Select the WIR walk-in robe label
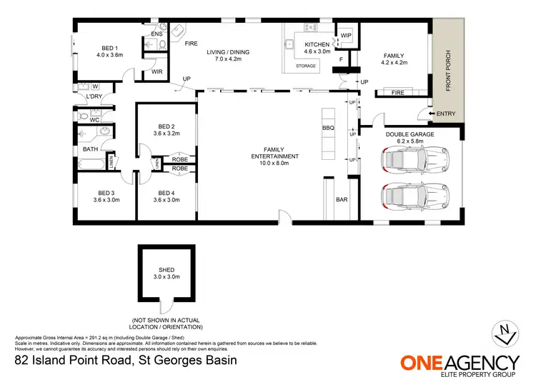coord(157,72)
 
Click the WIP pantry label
coord(346,35)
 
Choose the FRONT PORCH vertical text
coord(448,71)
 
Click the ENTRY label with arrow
coord(444,114)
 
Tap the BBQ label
coord(328,129)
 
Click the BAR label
coord(342,199)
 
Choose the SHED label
coord(167,270)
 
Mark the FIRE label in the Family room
coord(399,92)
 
